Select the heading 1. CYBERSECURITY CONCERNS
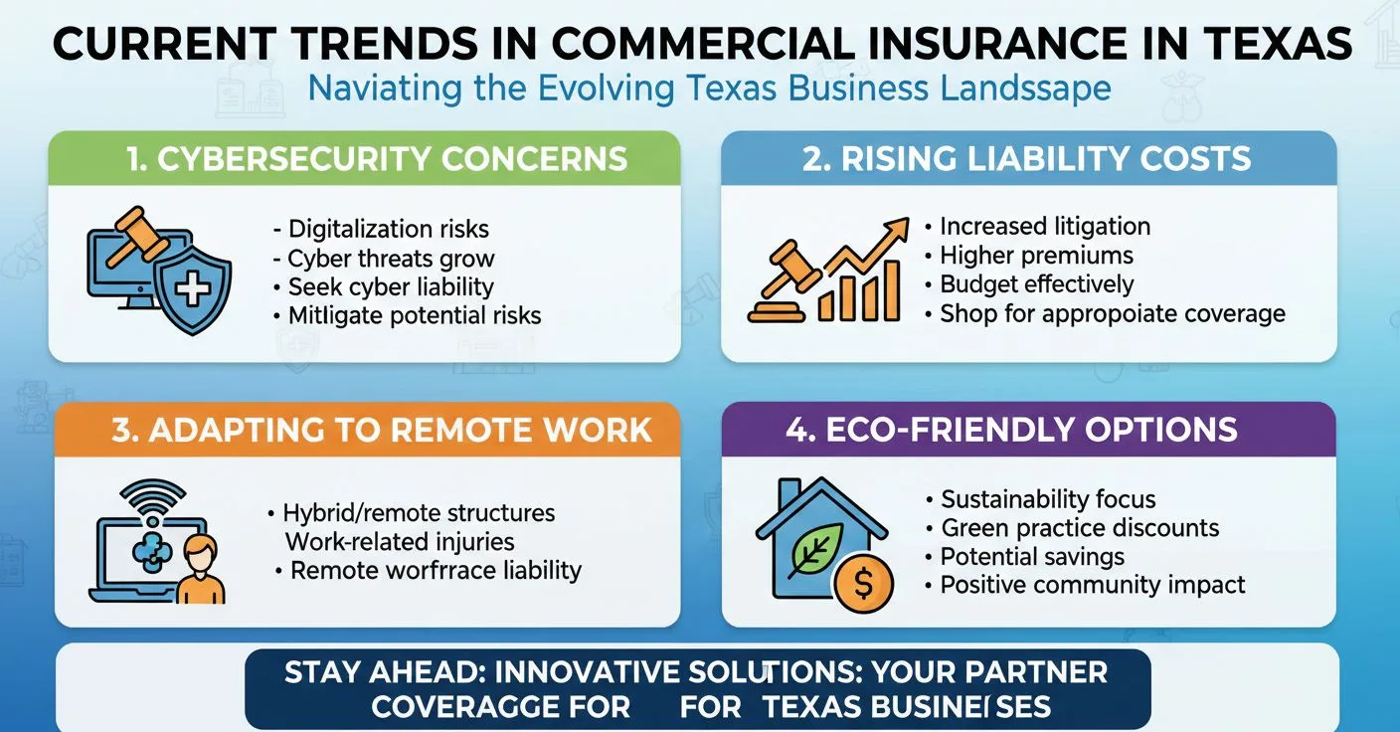364,158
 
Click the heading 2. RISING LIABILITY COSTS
1027,158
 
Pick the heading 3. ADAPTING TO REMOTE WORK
382,430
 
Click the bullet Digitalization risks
389,230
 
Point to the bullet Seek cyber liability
391,287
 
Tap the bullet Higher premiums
1036,256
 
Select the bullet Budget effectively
1036,284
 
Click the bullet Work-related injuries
400,542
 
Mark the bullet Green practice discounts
1080,528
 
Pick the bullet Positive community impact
1093,585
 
